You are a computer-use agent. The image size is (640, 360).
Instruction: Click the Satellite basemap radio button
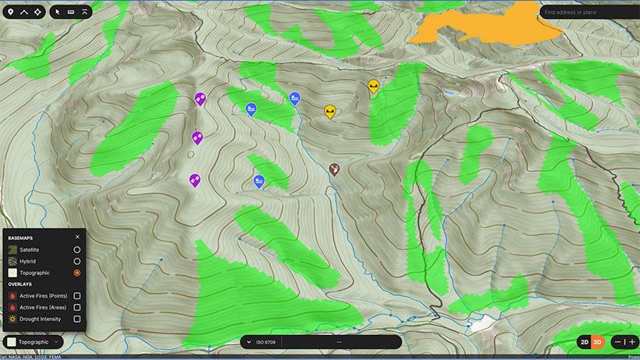click(x=76, y=249)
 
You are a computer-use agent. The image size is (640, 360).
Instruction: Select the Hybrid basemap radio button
click(x=76, y=261)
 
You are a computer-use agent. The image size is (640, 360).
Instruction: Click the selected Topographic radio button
click(x=76, y=273)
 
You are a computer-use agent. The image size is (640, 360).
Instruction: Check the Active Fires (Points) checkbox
click(x=76, y=296)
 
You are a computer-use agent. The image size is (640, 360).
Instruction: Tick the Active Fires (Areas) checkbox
click(x=76, y=308)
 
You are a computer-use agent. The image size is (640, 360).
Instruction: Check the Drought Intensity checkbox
click(x=76, y=319)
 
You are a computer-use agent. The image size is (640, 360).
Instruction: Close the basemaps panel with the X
click(x=77, y=237)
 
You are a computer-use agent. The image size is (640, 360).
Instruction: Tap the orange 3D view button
click(x=597, y=342)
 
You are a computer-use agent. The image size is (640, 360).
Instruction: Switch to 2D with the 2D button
click(x=584, y=342)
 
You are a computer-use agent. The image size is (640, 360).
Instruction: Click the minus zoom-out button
click(x=617, y=342)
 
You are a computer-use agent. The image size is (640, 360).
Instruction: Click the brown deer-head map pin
click(x=334, y=169)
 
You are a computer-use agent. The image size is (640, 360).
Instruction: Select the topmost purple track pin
click(x=200, y=98)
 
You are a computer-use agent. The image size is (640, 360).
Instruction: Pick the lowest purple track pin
click(x=194, y=180)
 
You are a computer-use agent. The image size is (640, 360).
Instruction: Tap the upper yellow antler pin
click(x=374, y=86)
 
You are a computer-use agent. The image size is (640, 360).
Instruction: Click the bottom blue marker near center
click(x=258, y=181)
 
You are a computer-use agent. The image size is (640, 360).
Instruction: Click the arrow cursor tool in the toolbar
click(x=58, y=12)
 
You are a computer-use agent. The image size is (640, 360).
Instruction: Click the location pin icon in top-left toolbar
click(x=10, y=12)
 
